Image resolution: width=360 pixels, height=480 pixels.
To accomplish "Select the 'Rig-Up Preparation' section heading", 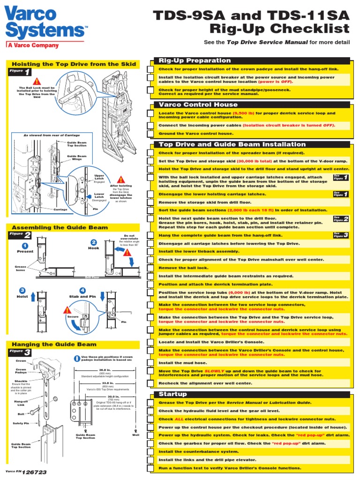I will point(188,60).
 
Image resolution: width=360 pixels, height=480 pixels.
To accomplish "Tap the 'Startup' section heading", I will point(172,394).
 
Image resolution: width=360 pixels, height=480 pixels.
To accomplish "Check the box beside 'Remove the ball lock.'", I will point(150,268).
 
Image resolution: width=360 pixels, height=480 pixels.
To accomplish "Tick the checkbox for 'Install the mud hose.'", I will point(150,363).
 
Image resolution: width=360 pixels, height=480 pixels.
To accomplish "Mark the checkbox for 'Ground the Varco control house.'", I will point(150,134).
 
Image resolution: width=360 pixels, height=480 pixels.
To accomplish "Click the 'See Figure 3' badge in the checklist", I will point(341,235).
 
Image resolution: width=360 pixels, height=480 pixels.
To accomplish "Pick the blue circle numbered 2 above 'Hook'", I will point(93,242).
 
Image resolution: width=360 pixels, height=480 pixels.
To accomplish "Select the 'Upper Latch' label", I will point(99,177).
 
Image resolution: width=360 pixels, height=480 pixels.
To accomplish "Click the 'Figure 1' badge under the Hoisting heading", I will point(21,72).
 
